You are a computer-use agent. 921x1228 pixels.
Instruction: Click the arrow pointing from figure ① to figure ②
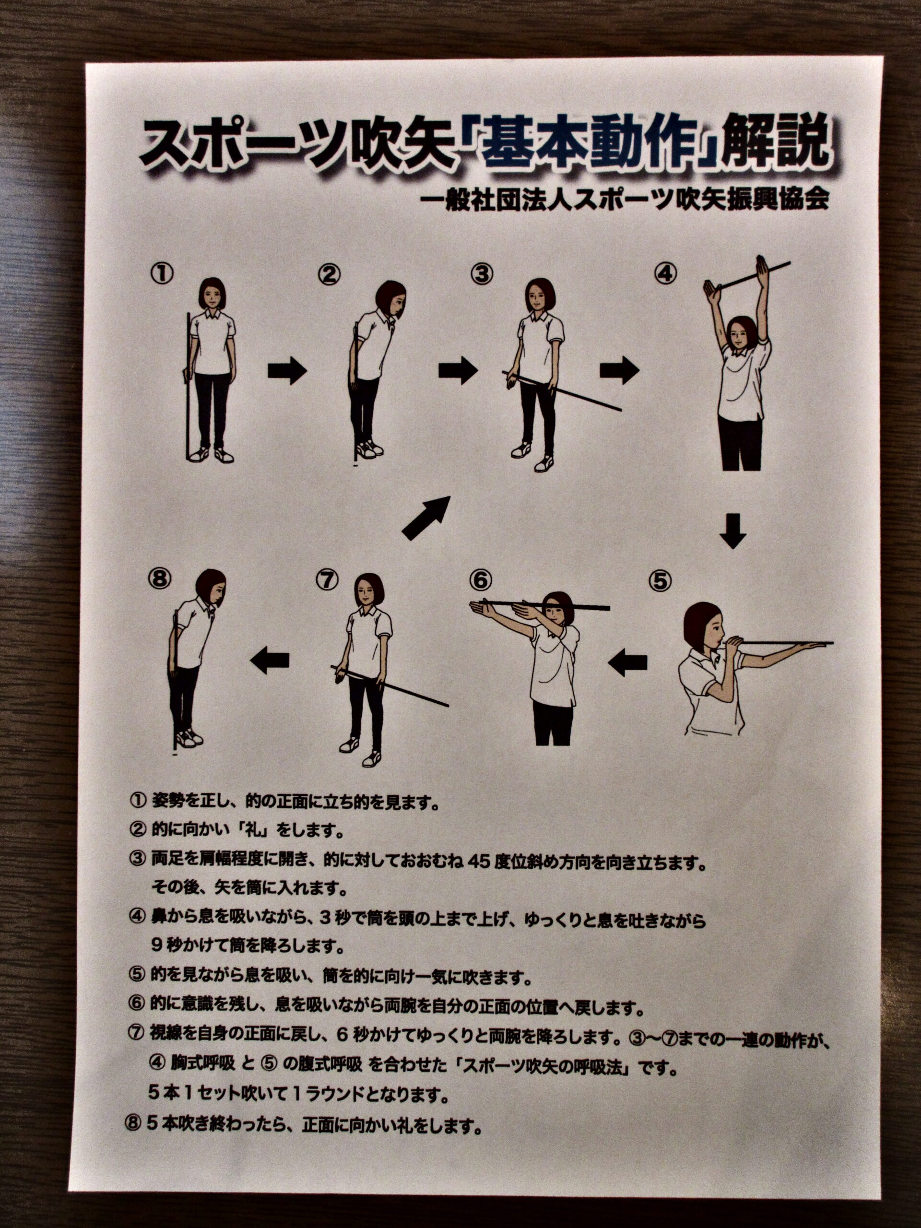tap(287, 371)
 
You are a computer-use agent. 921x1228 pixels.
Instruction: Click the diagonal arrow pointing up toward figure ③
tap(426, 518)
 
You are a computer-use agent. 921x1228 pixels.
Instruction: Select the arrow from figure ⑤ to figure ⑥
tap(628, 662)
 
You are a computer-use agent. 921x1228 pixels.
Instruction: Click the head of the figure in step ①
tap(212, 293)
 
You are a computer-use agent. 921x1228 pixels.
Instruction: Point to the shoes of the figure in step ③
tap(532, 456)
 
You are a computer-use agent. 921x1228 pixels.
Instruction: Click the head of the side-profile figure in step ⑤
tap(703, 628)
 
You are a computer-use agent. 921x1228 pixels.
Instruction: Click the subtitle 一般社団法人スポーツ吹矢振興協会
tap(625, 199)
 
